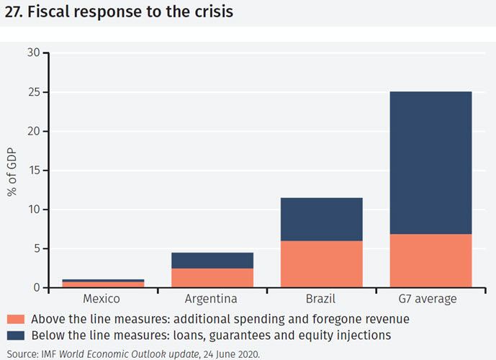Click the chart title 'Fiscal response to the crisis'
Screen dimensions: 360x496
click(x=119, y=12)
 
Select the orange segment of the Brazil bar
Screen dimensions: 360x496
click(x=321, y=264)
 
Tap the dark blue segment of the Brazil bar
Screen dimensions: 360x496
click(x=321, y=219)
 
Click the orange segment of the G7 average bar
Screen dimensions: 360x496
click(x=430, y=261)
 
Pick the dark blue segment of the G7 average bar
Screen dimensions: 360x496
click(x=430, y=163)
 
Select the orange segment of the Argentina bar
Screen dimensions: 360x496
click(x=212, y=278)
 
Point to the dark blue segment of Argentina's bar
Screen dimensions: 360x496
click(x=212, y=260)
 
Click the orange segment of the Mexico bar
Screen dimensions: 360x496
click(x=102, y=284)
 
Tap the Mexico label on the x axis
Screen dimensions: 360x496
click(x=102, y=299)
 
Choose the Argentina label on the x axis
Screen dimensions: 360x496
click(x=212, y=299)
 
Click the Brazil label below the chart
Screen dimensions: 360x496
click(x=321, y=299)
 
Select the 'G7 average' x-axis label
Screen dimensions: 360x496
click(x=430, y=299)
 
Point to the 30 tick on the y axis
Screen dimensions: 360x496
click(x=34, y=53)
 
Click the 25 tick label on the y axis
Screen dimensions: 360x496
click(x=34, y=92)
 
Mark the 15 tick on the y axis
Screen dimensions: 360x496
click(x=34, y=171)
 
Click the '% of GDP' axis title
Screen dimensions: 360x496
click(x=12, y=171)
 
